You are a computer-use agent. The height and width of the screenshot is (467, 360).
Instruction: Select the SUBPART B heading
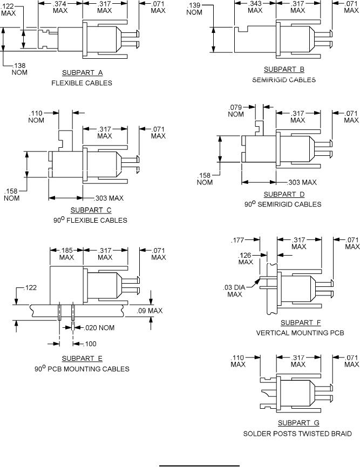point(284,70)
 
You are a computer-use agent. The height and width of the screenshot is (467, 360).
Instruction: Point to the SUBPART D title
point(284,194)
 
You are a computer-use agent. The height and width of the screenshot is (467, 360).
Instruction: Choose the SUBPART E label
point(82,359)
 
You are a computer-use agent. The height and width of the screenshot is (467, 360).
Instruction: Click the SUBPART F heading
point(292,322)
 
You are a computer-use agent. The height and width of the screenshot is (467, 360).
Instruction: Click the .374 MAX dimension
point(60,7)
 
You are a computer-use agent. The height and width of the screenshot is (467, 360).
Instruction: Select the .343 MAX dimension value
point(255,7)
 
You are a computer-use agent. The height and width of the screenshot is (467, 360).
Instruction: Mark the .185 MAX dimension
point(66,254)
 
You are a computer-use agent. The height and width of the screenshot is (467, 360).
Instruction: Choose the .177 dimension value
point(238,240)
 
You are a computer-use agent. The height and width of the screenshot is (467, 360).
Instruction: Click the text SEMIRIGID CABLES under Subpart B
point(284,80)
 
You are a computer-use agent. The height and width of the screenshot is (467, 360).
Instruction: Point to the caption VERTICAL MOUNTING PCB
point(292,333)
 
